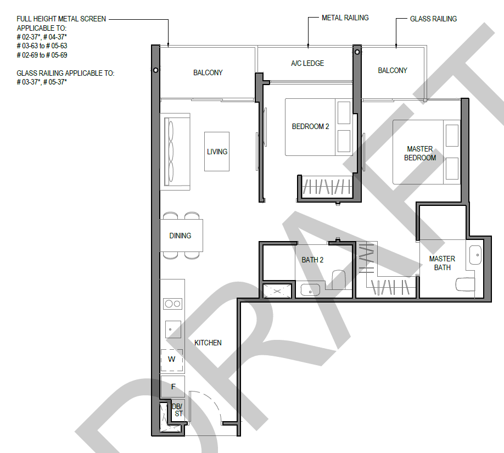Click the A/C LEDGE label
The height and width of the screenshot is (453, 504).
click(x=307, y=63)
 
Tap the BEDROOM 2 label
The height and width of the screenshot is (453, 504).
click(x=311, y=127)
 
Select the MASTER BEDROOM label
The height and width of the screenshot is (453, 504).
click(x=420, y=153)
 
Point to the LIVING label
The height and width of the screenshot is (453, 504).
click(x=217, y=152)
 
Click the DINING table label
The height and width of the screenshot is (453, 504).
click(x=180, y=236)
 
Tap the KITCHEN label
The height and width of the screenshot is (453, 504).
click(x=208, y=343)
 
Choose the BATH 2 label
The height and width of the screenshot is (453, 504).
click(x=312, y=260)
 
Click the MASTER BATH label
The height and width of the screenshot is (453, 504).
click(x=442, y=263)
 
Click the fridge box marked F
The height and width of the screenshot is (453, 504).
click(x=172, y=387)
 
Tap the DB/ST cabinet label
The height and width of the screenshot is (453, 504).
click(x=178, y=410)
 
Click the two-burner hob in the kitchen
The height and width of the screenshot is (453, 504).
click(x=172, y=304)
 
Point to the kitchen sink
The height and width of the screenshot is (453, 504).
click(x=173, y=329)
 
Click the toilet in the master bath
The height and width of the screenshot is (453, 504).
click(x=465, y=284)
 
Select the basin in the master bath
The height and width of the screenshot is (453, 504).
click(x=475, y=255)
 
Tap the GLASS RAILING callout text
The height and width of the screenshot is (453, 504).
click(x=433, y=19)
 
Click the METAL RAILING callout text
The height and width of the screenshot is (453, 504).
click(x=345, y=18)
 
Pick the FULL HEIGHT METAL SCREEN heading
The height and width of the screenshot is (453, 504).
click(x=61, y=19)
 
